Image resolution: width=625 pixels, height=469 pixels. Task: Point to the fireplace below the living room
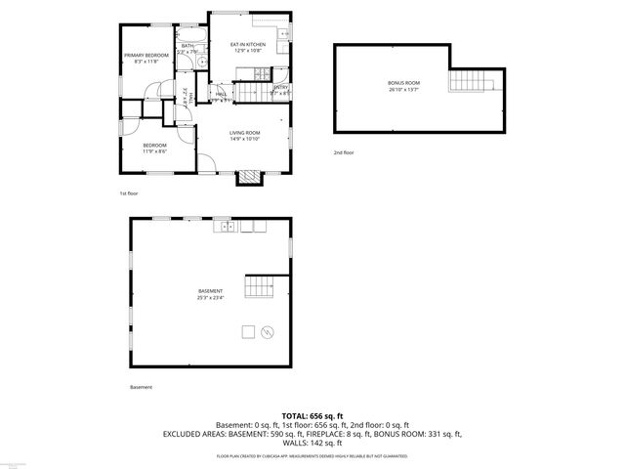pyautogui.click(x=252, y=177)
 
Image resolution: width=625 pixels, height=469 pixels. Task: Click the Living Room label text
pyautogui.click(x=244, y=135)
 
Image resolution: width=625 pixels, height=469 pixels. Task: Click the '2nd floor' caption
pyautogui.click(x=344, y=153)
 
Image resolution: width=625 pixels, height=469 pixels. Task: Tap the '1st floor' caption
pyautogui.click(x=129, y=193)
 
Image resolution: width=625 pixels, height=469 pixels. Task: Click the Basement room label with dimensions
pyautogui.click(x=210, y=294)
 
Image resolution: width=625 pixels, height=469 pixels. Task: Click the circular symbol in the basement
pyautogui.click(x=269, y=332)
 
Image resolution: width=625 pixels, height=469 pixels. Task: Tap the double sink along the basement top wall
pyautogui.click(x=227, y=227)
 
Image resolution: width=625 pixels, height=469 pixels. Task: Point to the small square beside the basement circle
pyautogui.click(x=249, y=331)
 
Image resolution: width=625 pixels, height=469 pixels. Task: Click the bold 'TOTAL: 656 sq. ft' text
pyautogui.click(x=312, y=414)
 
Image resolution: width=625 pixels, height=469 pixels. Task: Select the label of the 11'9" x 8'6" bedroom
pyautogui.click(x=154, y=149)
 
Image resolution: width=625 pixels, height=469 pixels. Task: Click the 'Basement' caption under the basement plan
pyautogui.click(x=141, y=387)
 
